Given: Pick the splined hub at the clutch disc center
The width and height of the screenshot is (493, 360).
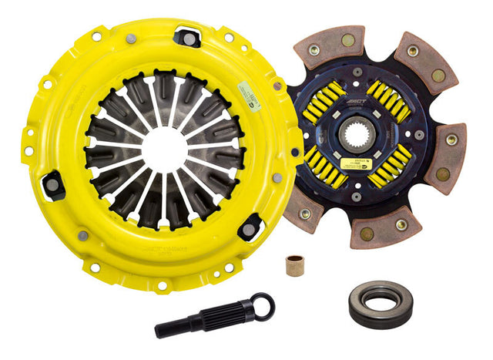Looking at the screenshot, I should tap(372, 139).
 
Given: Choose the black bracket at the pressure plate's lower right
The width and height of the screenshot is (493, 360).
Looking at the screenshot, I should tap(250, 226).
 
